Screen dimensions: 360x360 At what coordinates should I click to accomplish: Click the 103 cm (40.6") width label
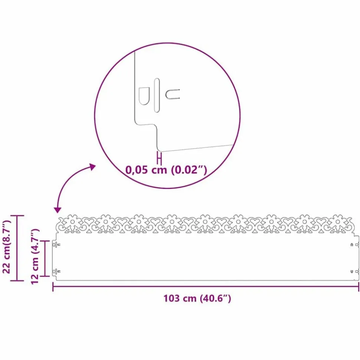[x=197, y=298]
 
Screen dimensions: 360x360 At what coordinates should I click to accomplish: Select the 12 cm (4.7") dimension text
[x=35, y=257]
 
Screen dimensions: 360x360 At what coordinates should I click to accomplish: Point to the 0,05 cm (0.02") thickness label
[x=166, y=170]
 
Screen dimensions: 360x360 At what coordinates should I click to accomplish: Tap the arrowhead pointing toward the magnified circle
[x=93, y=167]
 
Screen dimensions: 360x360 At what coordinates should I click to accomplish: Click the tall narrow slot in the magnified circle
[x=157, y=95]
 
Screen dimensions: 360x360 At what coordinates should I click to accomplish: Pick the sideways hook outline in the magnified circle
[x=173, y=94]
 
